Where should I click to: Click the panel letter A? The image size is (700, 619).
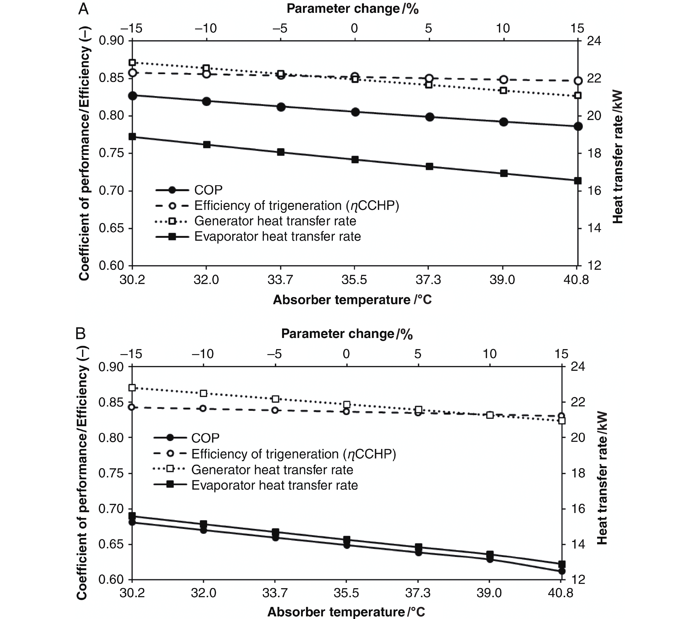pyautogui.click(x=84, y=9)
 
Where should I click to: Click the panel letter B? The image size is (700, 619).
pyautogui.click(x=81, y=333)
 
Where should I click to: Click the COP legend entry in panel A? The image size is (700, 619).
pyautogui.click(x=208, y=190)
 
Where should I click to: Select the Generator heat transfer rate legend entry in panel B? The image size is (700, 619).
pyautogui.click(x=272, y=470)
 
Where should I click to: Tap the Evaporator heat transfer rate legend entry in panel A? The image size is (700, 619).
pyautogui.click(x=277, y=236)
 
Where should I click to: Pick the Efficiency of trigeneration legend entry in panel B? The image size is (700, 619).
pyautogui.click(x=293, y=454)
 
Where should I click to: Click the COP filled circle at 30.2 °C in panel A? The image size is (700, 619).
pyautogui.click(x=133, y=96)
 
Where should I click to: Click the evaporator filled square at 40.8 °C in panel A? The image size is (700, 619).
pyautogui.click(x=578, y=180)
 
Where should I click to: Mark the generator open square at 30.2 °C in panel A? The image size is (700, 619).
pyautogui.click(x=133, y=62)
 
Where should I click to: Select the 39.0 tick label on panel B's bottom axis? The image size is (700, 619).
pyautogui.click(x=489, y=593)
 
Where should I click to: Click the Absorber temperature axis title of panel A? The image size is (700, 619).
pyautogui.click(x=352, y=300)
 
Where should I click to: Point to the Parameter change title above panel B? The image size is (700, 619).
pyautogui.click(x=347, y=334)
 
